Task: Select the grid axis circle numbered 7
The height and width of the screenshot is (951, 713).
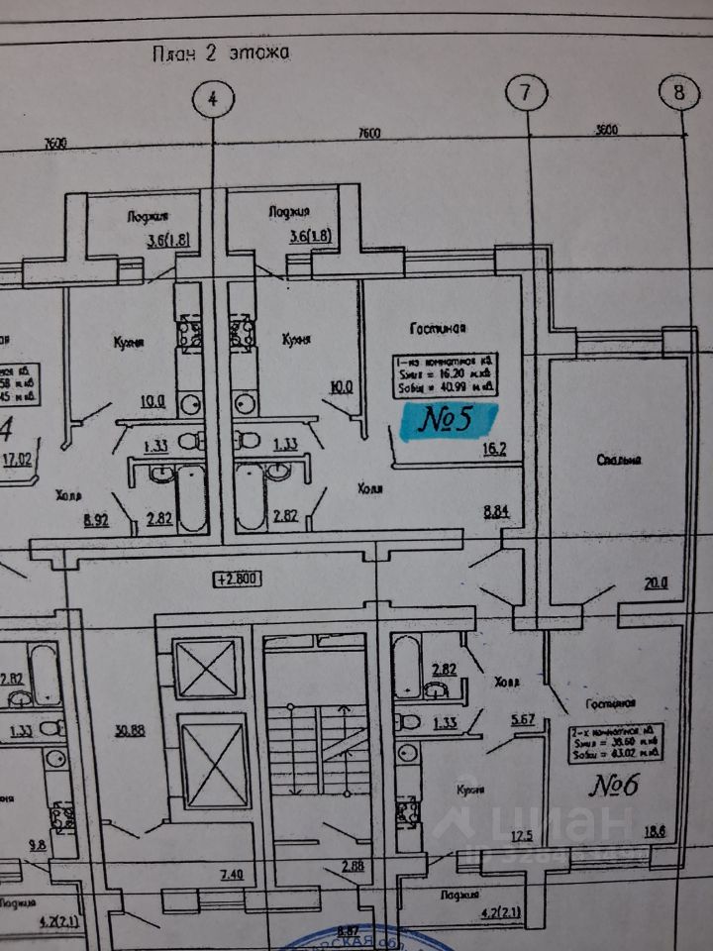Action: [525, 94]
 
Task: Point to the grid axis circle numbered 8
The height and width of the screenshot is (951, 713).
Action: [679, 92]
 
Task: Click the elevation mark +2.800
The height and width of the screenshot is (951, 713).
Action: [237, 580]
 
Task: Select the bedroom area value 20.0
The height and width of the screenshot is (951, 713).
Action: [656, 583]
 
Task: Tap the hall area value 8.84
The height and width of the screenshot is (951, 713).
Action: [497, 511]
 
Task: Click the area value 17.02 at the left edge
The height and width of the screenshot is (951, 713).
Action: [18, 459]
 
